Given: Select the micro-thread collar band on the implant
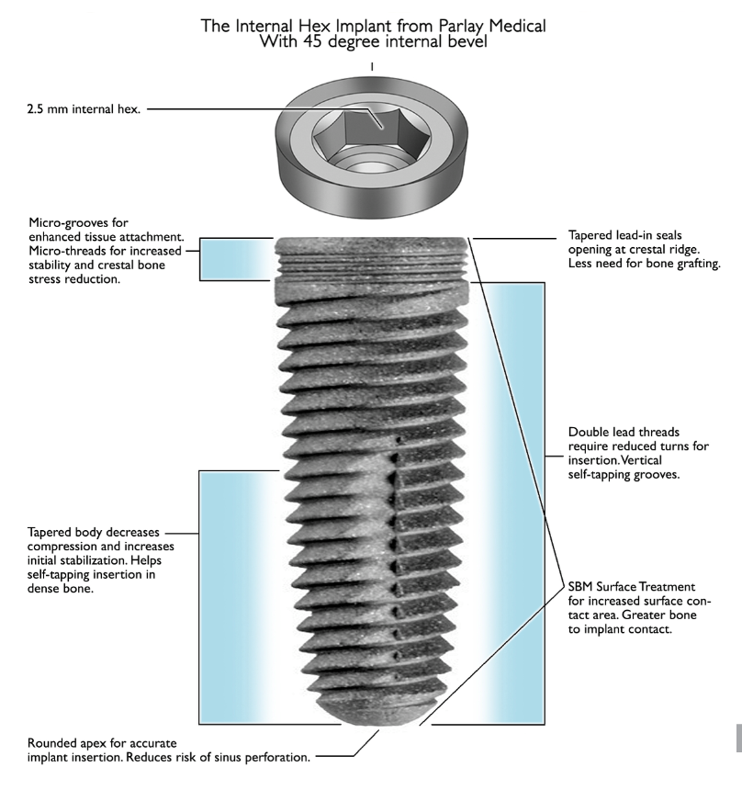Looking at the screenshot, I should (373, 266).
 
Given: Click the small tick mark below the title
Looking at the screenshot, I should (371, 67).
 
